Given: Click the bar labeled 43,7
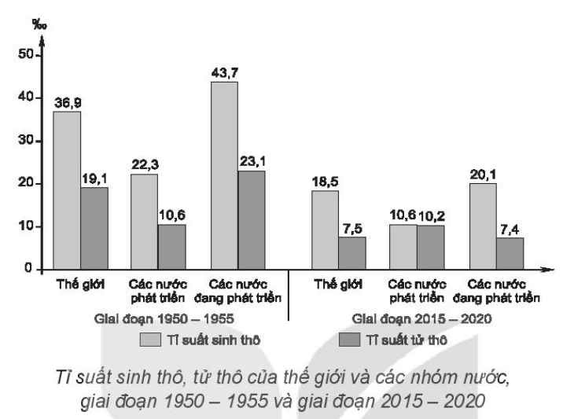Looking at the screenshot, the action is tap(224, 175).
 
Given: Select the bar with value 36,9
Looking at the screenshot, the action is tap(67, 191).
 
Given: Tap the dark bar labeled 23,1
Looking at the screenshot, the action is tap(252, 220).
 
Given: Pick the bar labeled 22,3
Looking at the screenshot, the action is tap(144, 222).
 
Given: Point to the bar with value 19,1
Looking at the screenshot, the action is tap(94, 229).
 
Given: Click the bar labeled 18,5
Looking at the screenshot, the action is tap(325, 230).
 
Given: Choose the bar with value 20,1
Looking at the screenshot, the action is tap(484, 226).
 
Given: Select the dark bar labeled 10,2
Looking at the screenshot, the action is tap(431, 248).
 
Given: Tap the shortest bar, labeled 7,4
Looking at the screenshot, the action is tap(510, 254).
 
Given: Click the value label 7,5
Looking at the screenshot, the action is tap(352, 229).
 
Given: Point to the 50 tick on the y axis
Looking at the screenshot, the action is tap(26, 54).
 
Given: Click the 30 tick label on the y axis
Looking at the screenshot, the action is tap(26, 141).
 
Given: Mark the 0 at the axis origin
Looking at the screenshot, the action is tap(28, 268).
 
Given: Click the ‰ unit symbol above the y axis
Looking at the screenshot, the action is tap(39, 24).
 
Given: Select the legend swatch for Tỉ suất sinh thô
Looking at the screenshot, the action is tap(150, 340).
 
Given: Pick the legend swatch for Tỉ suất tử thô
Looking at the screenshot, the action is tap(349, 340).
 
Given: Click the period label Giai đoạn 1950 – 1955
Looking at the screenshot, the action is tap(164, 319).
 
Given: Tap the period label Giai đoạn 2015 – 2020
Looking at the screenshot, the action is tap(421, 319).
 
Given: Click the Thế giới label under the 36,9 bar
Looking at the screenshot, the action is tap(80, 285).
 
